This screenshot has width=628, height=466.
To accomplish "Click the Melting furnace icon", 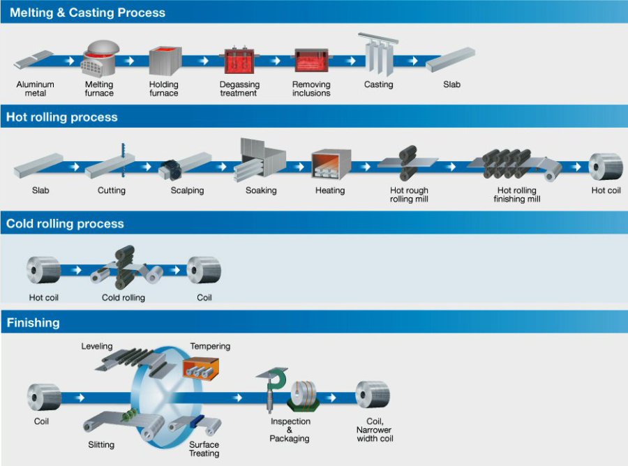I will [x=99, y=60].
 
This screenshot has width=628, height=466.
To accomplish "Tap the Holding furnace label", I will [x=164, y=89].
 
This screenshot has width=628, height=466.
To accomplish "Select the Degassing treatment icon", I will [x=239, y=61].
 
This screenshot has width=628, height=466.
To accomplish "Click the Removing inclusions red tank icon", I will [x=311, y=61].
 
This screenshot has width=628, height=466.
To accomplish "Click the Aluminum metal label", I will [x=35, y=89].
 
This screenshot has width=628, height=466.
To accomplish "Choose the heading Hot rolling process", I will [x=62, y=117].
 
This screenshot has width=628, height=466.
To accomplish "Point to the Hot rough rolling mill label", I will [x=409, y=195].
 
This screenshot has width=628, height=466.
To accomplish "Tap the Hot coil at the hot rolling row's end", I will [x=605, y=167].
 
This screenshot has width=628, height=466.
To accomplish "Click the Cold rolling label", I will [x=124, y=297].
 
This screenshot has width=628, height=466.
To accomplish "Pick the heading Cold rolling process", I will [x=65, y=224].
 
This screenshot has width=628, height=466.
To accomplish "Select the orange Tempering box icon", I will [x=200, y=368].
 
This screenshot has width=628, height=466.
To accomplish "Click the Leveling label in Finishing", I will [x=97, y=346].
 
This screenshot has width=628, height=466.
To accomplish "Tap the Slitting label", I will [x=101, y=444].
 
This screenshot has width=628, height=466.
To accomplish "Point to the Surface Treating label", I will [x=204, y=449].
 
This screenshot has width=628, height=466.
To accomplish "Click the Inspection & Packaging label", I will [x=290, y=430].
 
